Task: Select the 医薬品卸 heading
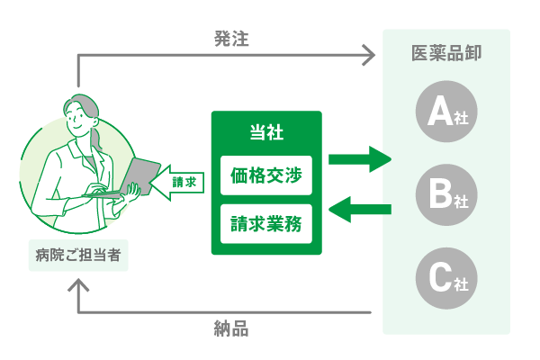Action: pos(445,52)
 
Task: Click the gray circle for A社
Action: pos(446,113)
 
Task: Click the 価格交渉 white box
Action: pos(265,175)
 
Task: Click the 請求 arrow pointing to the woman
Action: pos(176,183)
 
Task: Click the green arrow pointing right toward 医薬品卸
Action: pos(359,161)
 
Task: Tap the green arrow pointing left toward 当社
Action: pos(359,211)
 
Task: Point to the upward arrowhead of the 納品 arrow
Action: pos(79,287)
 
